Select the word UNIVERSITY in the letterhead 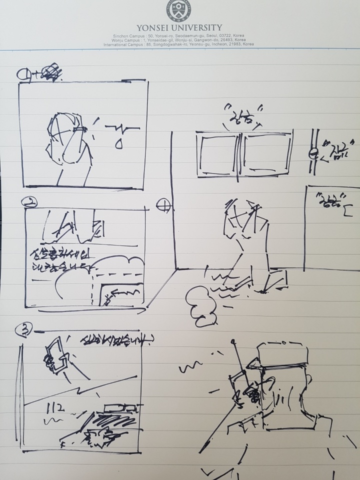200,27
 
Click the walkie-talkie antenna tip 233,342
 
